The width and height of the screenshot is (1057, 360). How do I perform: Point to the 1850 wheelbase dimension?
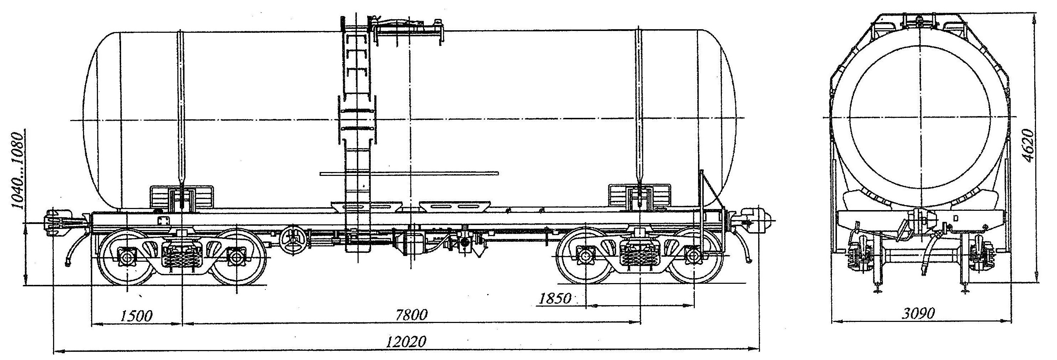(x=555, y=299)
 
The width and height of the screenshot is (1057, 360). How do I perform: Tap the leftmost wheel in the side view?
(x=126, y=256)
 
